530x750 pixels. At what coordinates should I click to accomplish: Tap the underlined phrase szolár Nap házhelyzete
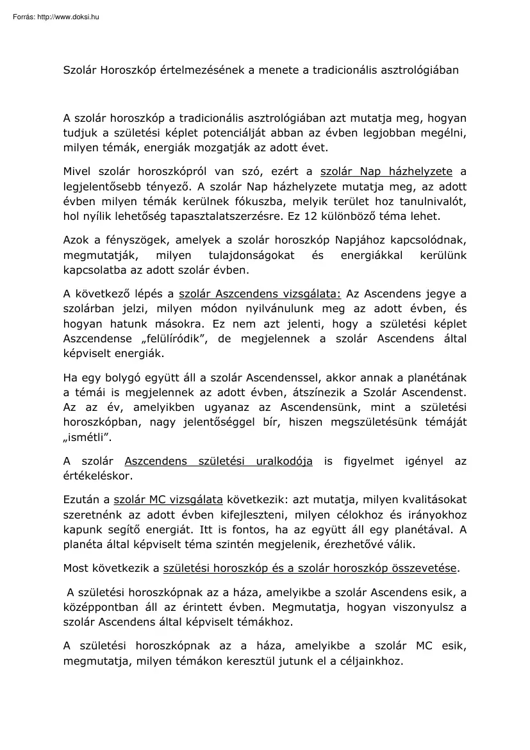tap(386, 171)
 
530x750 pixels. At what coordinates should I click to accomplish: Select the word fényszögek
tap(124, 240)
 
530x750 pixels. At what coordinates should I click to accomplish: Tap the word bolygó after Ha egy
tap(123, 378)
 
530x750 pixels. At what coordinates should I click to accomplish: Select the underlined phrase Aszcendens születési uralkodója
tap(219, 462)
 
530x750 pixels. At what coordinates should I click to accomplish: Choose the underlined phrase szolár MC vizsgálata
tap(168, 501)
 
